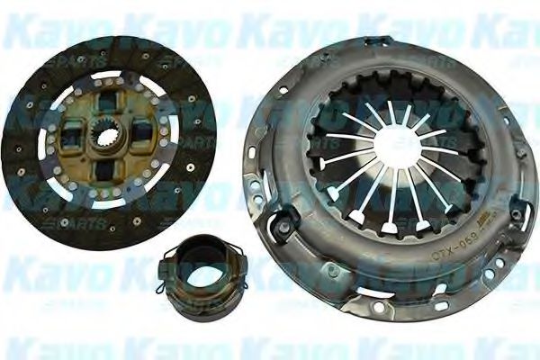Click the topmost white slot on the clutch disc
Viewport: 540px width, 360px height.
pyautogui.click(x=108, y=75)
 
